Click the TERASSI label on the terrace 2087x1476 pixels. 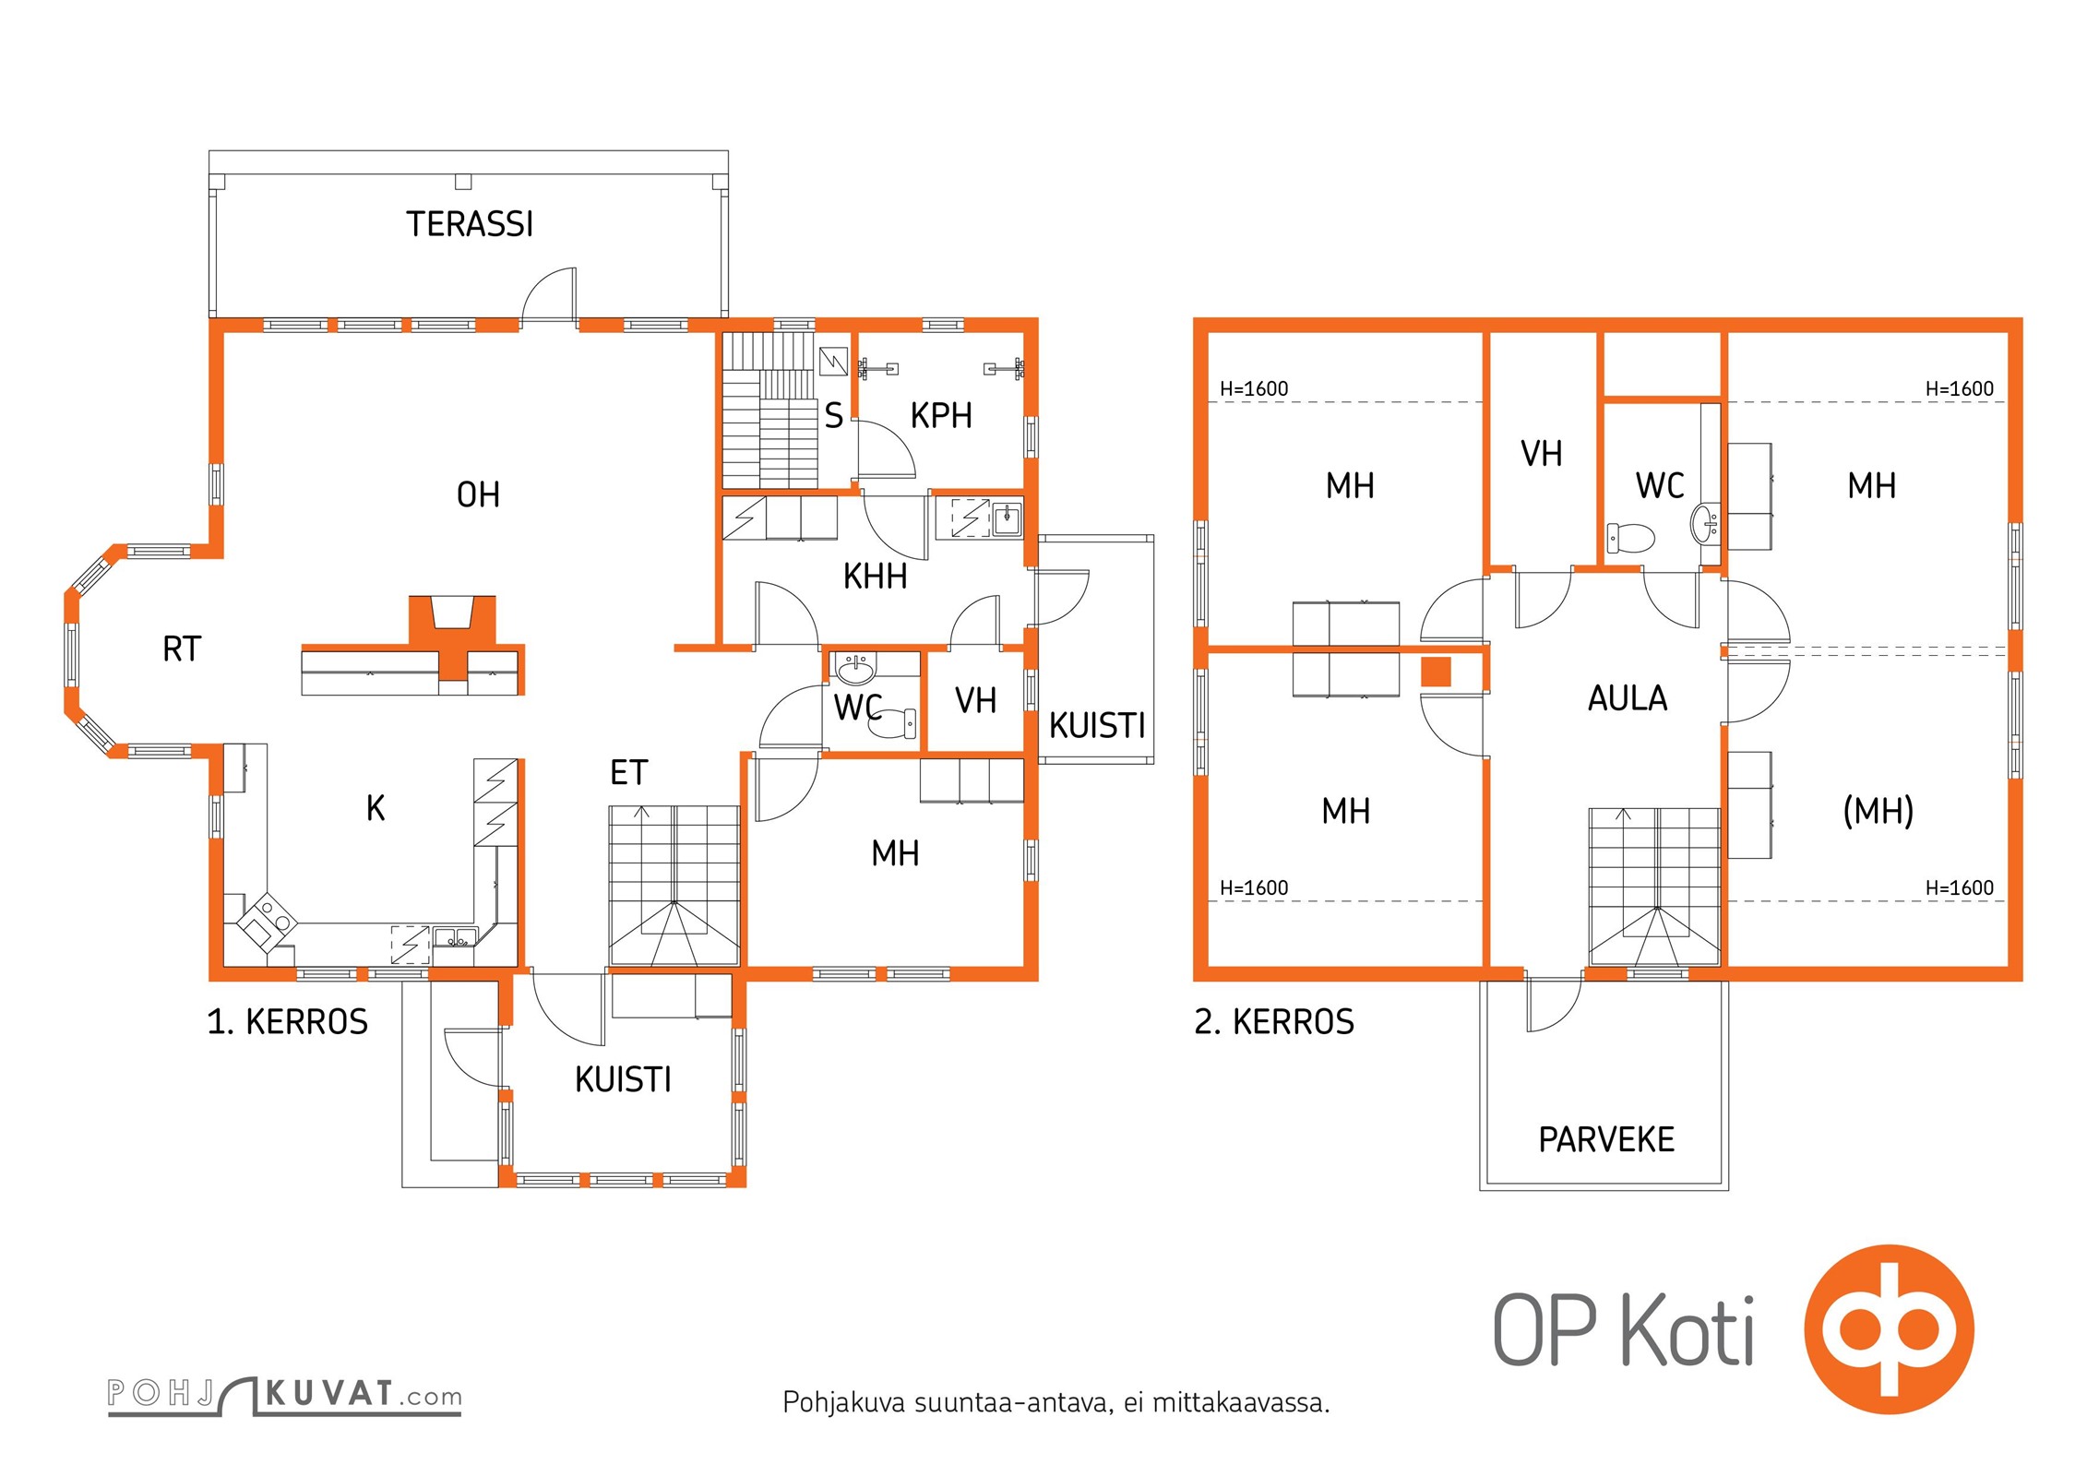coord(470,224)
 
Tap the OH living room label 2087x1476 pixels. coord(478,495)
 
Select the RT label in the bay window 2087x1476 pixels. coord(182,649)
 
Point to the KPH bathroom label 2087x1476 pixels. coord(941,416)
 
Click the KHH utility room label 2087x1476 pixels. coord(875,577)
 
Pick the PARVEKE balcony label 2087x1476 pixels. coord(1606,1140)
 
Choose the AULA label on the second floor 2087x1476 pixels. coord(1628,698)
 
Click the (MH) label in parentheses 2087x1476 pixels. coord(1878,811)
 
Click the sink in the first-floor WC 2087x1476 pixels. coord(856,668)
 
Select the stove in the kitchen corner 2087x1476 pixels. coord(268,922)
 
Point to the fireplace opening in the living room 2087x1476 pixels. coord(452,613)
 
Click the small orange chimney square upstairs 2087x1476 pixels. coord(1436,672)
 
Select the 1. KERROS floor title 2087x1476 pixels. coord(288,1022)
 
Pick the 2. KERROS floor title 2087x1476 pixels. coord(1274,1022)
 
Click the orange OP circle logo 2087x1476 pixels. coord(1889,1330)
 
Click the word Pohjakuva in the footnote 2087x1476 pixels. coord(844,1402)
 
